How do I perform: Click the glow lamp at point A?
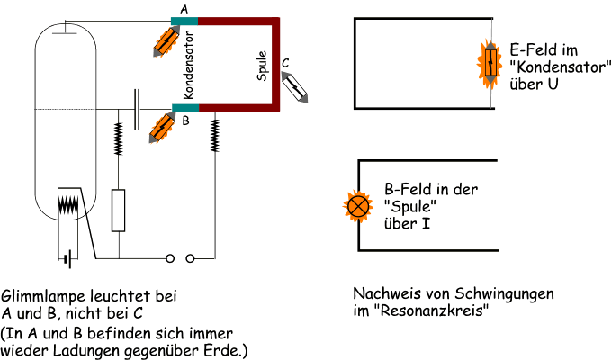[x=165, y=40]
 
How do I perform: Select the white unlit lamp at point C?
[x=295, y=84]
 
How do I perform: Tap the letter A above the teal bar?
[x=184, y=9]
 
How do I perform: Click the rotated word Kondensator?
[x=188, y=69]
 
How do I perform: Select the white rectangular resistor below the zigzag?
[x=118, y=210]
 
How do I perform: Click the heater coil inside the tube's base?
[x=68, y=204]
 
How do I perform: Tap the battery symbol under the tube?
[x=67, y=259]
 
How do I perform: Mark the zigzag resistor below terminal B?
[x=215, y=136]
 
